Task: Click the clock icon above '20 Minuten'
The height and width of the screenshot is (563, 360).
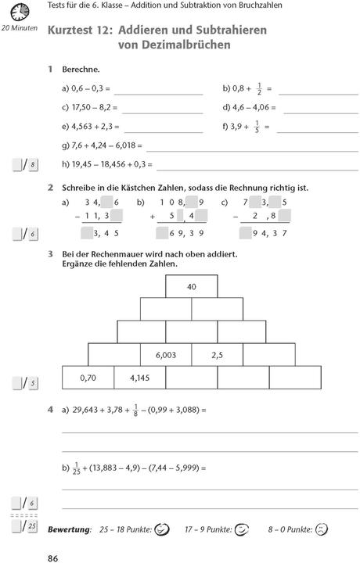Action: (20, 12)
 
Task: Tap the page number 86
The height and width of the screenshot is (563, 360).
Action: (53, 557)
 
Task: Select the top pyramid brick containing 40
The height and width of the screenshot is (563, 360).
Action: (192, 287)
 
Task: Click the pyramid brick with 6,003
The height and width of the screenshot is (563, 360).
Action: (166, 354)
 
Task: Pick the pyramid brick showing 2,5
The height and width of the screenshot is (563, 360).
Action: (218, 354)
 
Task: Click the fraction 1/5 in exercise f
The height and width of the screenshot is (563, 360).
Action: (257, 126)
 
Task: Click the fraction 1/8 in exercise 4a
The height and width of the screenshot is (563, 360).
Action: (136, 408)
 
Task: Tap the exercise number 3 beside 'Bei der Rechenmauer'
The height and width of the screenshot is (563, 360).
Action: (50, 254)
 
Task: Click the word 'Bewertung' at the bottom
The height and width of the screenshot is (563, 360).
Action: (70, 529)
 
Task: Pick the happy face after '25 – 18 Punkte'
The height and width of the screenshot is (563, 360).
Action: (163, 529)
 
